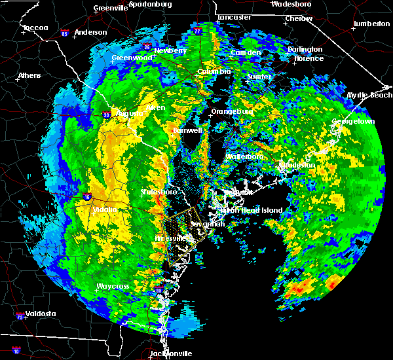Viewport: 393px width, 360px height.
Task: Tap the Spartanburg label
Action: pyautogui.click(x=150, y=3)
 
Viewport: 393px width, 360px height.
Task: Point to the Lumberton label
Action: pyautogui.click(x=371, y=24)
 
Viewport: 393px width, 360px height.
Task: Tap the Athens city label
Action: pyautogui.click(x=29, y=75)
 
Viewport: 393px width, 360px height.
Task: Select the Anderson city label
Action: pyautogui.click(x=90, y=32)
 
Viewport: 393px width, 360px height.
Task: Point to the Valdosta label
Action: pyautogui.click(x=37, y=314)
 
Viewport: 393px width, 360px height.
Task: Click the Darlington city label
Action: pyautogui.click(x=305, y=49)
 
